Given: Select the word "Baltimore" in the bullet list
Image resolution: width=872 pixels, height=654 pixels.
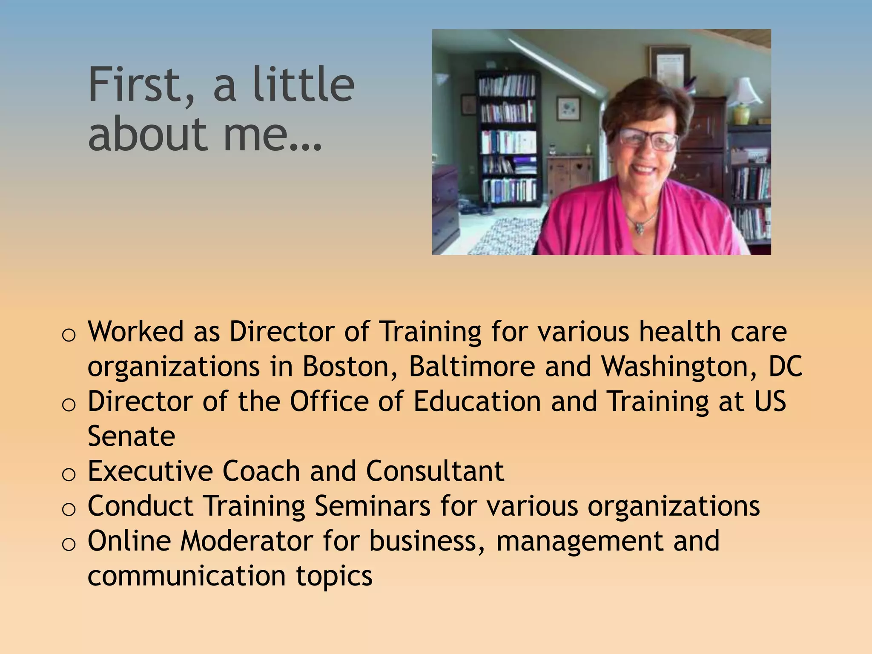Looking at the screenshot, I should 471,366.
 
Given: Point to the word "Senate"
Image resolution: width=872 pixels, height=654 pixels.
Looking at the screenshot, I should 131,436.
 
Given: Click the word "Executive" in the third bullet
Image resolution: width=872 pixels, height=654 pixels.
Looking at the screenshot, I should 150,471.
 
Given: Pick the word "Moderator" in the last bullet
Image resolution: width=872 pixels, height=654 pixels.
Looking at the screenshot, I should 247,541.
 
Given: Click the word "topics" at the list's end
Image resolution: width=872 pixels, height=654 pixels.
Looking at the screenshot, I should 334,576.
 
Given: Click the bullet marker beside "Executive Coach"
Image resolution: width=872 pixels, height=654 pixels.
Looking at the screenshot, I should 69,474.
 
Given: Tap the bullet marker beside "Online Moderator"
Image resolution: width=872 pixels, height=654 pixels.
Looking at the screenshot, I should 69,544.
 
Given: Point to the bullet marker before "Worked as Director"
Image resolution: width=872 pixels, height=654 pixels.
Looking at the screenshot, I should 69,335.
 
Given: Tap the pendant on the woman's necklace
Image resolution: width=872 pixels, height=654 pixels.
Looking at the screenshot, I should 639,228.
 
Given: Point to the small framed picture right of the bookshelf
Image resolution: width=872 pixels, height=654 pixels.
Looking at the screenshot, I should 568,109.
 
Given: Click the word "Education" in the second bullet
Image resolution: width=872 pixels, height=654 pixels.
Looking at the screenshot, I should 477,401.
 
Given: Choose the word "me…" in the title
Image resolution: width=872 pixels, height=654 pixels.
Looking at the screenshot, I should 272,135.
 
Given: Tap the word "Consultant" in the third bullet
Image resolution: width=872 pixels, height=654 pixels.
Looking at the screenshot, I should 435,471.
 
